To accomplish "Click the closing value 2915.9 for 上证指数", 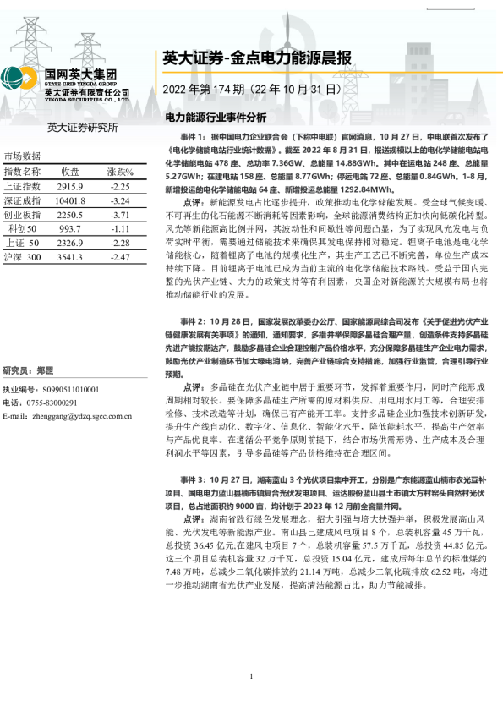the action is point(70,186).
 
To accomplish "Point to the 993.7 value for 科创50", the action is point(70,228).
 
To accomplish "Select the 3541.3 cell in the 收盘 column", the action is point(70,256).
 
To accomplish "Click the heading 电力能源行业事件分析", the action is point(216,117).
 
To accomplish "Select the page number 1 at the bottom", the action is point(252,677).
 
